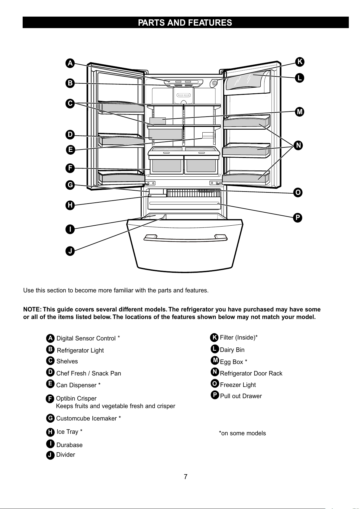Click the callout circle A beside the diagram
(70, 63)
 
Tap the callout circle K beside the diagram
(300, 62)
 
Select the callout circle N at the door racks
(298, 145)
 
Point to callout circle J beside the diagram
(70, 251)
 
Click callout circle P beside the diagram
(297, 218)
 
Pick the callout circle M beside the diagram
(300, 112)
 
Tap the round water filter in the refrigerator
(214, 83)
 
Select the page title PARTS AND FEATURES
(185, 23)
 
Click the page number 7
(185, 476)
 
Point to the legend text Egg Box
(231, 362)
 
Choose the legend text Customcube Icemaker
(86, 418)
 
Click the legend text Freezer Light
(238, 385)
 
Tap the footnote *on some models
(242, 433)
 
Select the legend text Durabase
(69, 445)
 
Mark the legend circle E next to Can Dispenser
(50, 384)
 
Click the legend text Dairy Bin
(232, 350)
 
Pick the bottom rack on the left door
(121, 177)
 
